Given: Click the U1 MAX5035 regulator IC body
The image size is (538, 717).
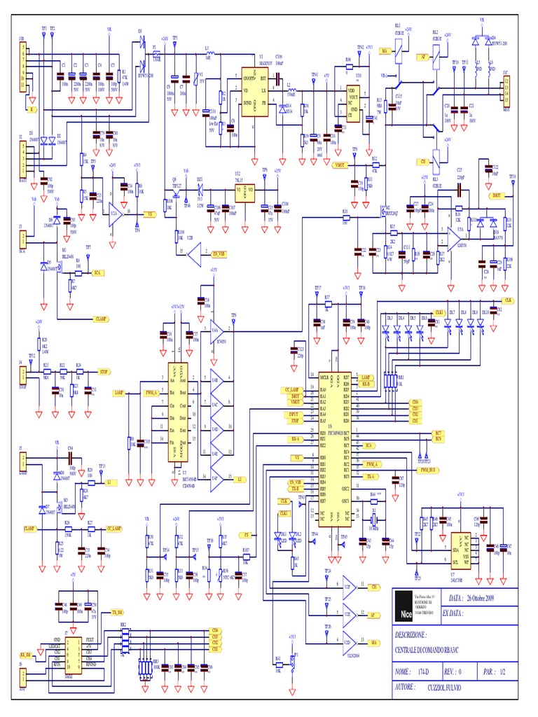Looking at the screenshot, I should pyautogui.click(x=255, y=91).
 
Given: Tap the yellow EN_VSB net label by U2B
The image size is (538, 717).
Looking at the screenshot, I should pyautogui.click(x=219, y=253).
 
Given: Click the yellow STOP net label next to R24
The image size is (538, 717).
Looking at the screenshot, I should pyautogui.click(x=104, y=371).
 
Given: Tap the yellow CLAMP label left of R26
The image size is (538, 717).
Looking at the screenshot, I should pyautogui.click(x=29, y=527).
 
